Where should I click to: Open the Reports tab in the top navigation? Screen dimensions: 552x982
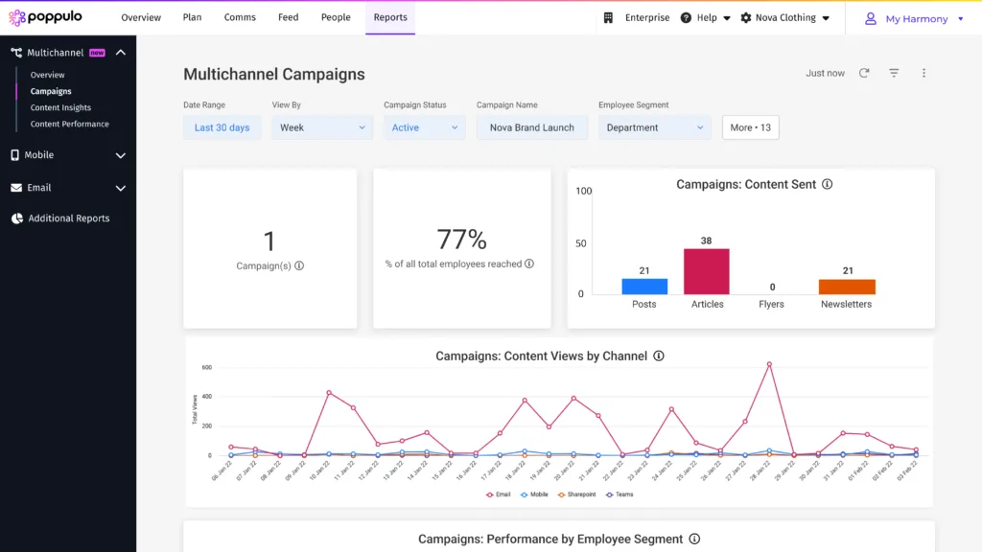390,17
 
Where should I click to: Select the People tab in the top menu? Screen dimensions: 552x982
336,17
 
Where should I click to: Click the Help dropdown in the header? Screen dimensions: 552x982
706,17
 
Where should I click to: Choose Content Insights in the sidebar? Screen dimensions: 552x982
60,107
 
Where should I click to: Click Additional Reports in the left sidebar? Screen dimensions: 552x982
68,218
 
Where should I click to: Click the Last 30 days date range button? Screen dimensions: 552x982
222,127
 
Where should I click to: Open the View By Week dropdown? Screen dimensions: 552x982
322,127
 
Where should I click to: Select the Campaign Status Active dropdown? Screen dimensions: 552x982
424,127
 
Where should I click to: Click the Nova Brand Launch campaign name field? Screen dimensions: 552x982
531,127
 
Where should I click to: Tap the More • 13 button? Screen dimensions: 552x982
750,127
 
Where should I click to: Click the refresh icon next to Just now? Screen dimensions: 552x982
864,73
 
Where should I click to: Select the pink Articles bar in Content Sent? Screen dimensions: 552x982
707,271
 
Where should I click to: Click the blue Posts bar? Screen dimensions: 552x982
644,286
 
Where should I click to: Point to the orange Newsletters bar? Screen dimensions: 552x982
847,286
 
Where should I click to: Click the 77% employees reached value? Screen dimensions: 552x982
461,240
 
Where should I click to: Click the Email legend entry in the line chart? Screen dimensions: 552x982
499,494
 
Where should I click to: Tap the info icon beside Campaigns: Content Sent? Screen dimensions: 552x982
827,184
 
